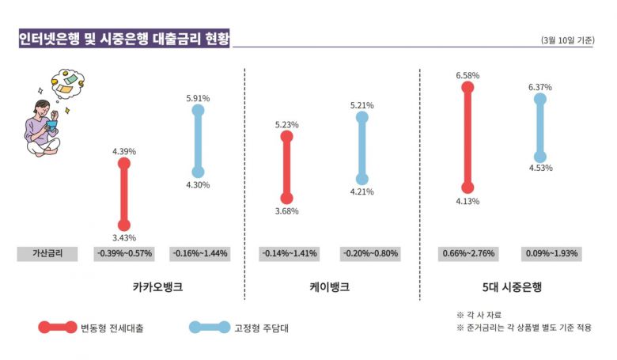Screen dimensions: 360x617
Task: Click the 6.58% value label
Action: [x=467, y=75]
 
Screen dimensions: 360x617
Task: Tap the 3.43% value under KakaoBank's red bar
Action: [x=124, y=238]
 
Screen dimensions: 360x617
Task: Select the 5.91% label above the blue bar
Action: [x=198, y=98]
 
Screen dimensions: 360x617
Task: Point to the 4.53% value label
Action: [x=540, y=168]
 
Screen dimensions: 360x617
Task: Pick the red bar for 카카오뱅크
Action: [x=124, y=195]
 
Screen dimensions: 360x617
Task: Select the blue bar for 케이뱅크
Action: [x=361, y=149]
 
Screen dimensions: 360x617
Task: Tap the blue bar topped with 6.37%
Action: [x=540, y=127]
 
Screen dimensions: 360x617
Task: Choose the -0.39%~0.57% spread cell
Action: [x=124, y=254]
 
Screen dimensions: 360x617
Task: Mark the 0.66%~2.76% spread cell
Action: [x=467, y=254]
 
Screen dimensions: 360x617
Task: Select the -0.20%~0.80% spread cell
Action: [x=370, y=254]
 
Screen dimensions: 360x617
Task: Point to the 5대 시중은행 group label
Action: [x=506, y=286]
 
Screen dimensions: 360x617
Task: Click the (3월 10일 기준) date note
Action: [x=568, y=40]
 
